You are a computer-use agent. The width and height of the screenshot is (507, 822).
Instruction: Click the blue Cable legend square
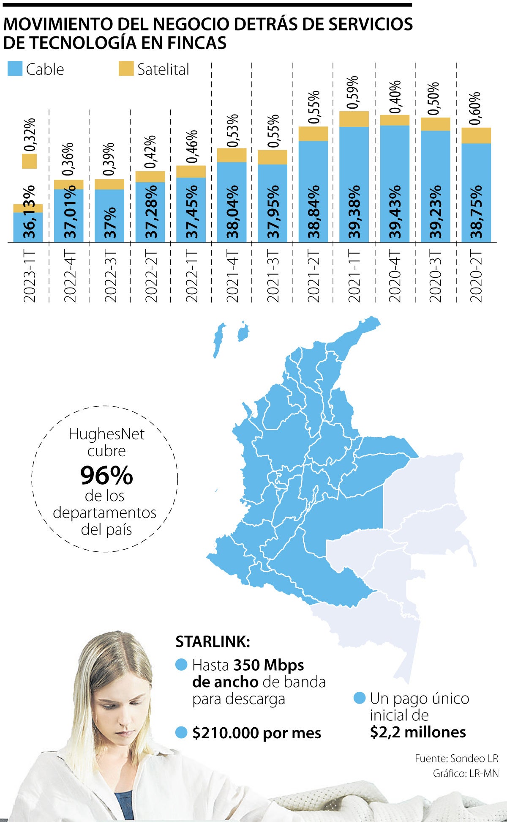click(15, 68)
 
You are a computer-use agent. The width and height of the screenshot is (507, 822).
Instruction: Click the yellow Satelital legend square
click(126, 68)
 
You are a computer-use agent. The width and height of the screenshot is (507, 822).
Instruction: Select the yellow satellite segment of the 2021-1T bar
click(354, 119)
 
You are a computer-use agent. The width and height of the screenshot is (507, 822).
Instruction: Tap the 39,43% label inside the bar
click(395, 211)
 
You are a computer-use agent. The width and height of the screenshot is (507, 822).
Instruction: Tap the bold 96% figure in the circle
click(106, 476)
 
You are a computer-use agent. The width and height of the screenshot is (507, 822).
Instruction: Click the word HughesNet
click(106, 434)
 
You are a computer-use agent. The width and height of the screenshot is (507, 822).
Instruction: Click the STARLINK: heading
click(213, 642)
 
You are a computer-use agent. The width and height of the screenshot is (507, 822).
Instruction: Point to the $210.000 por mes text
click(256, 733)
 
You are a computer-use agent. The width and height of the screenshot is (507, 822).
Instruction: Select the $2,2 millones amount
click(417, 732)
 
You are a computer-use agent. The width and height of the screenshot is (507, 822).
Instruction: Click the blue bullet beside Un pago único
click(360, 698)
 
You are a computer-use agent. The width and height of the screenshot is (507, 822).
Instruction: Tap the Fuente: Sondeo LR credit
click(456, 758)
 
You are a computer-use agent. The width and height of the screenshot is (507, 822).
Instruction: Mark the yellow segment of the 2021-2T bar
click(313, 134)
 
